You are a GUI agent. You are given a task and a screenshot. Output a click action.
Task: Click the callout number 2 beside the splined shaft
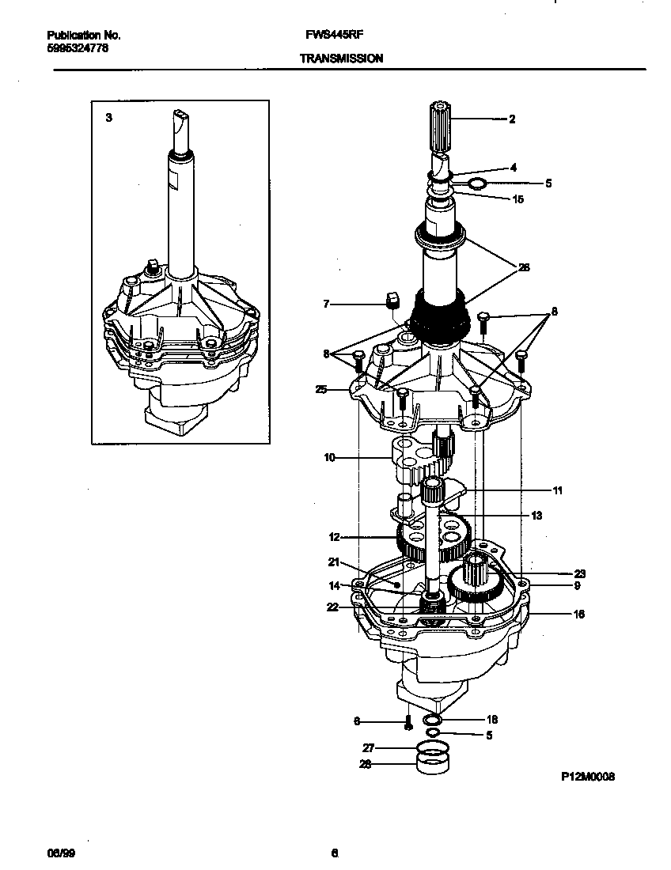(x=512, y=119)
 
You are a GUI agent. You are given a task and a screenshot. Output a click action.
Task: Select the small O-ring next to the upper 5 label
(x=477, y=184)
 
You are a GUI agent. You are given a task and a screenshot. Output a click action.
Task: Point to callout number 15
(x=518, y=199)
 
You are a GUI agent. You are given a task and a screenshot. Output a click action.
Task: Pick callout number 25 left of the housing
(x=320, y=390)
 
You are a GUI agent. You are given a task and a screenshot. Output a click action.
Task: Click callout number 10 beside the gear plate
(x=330, y=456)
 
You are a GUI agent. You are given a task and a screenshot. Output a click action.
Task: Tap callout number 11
(x=557, y=490)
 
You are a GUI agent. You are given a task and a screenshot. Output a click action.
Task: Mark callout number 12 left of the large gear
(x=334, y=537)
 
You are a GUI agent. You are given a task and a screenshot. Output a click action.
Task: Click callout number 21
(x=334, y=562)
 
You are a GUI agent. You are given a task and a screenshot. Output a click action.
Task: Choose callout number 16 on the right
(x=579, y=613)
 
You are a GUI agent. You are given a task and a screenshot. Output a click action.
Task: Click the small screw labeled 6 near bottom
(x=408, y=722)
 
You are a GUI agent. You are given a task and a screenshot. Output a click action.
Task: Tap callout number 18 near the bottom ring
(x=492, y=720)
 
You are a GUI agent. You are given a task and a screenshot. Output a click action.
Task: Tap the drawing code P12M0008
(x=588, y=777)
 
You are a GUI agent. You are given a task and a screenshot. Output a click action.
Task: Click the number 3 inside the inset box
(x=108, y=117)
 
